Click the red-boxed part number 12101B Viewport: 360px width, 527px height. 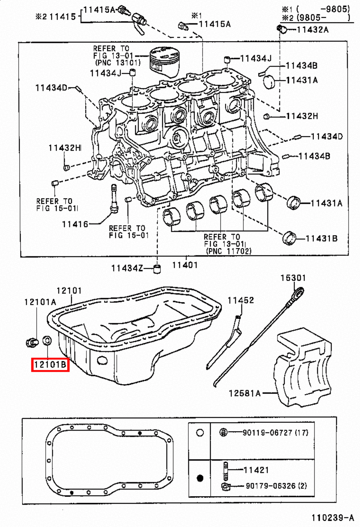[50, 364]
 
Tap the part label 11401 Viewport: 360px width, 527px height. [185, 265]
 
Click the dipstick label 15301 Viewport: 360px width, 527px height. [293, 278]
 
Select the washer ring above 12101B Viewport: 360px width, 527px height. [47, 340]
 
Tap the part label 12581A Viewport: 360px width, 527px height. [245, 393]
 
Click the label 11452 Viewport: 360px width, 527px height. [241, 300]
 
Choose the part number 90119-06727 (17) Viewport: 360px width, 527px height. [275, 432]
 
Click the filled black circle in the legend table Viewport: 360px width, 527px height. [200, 478]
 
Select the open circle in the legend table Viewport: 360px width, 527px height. [200, 432]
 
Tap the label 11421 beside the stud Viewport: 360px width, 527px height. [256, 470]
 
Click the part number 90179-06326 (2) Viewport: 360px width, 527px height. [276, 485]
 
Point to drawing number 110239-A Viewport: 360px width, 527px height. [333, 518]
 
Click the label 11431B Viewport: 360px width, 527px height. [321, 238]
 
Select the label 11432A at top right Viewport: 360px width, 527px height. [312, 30]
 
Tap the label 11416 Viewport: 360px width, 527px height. [75, 224]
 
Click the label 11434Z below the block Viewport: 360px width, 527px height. [127, 268]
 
